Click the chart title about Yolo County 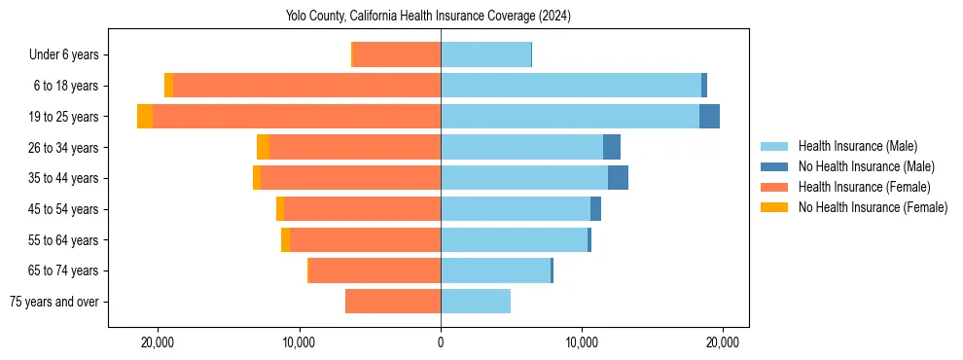tap(428, 17)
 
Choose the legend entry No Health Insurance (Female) tap(873, 207)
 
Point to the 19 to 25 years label tap(64, 117)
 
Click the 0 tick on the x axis tap(441, 342)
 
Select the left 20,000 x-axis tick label tap(158, 342)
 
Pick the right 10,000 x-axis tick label tap(582, 342)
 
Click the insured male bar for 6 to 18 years tap(571, 86)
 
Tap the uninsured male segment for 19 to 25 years tap(709, 117)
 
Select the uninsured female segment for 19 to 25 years tap(145, 117)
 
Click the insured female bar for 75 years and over tap(393, 302)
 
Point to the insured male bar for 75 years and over tap(476, 302)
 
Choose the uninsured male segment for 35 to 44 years tap(618, 178)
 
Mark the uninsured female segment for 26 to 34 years tap(263, 147)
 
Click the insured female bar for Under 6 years tap(397, 55)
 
